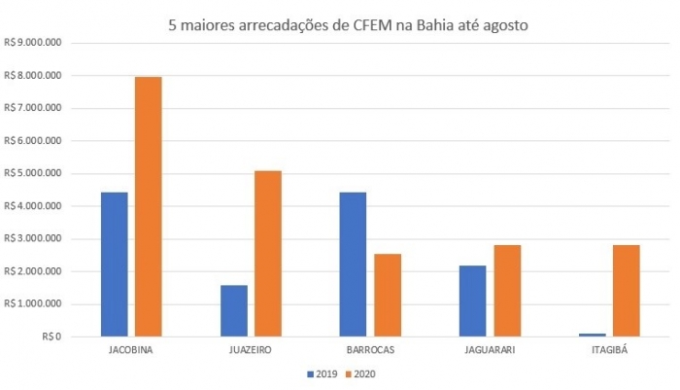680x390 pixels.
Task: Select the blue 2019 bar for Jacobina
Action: click(x=115, y=264)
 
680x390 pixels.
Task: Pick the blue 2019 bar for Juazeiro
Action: click(x=234, y=310)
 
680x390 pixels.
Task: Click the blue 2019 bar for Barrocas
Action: click(x=353, y=264)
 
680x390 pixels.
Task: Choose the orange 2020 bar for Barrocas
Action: click(x=387, y=295)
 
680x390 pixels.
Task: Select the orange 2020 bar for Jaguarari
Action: click(x=506, y=290)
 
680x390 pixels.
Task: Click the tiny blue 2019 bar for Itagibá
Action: click(x=592, y=335)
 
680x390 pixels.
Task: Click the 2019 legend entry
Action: click(x=321, y=372)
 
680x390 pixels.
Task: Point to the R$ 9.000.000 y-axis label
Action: click(x=33, y=43)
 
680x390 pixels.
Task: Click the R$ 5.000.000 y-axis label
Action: click(x=33, y=173)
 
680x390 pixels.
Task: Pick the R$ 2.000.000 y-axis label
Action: click(x=33, y=271)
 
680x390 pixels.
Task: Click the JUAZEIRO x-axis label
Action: click(x=251, y=349)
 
